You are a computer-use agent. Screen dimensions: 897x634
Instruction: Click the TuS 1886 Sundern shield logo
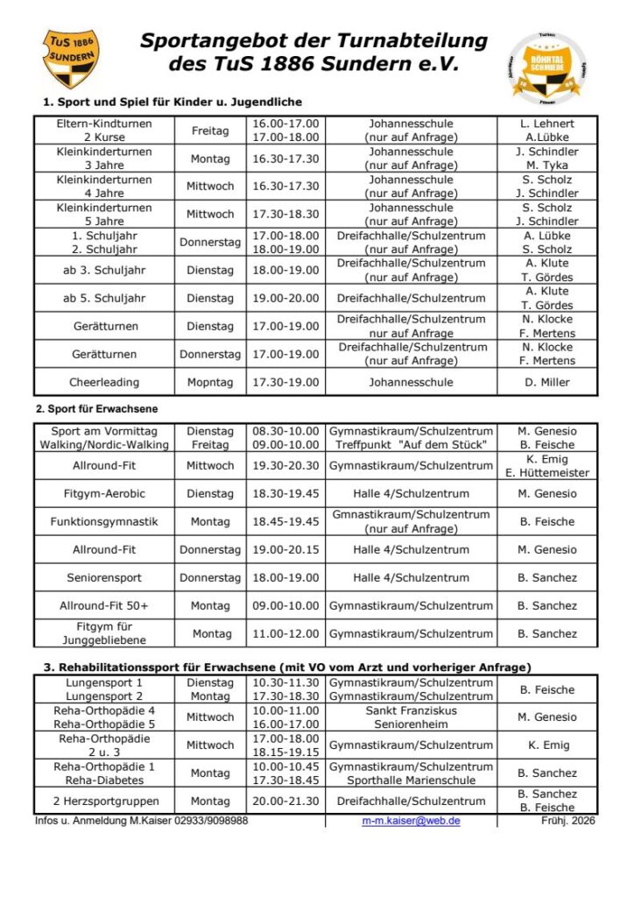click(x=72, y=59)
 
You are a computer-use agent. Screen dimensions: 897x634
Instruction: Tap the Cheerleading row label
click(x=104, y=382)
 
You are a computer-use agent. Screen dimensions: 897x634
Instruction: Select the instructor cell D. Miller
click(x=547, y=382)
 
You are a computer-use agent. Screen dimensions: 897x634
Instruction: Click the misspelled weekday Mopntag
click(x=210, y=382)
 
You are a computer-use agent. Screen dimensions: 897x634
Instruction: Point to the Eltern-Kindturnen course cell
click(x=104, y=131)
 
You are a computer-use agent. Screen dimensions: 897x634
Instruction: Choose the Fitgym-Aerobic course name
click(x=104, y=493)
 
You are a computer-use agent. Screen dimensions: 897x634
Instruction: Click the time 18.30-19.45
click(x=285, y=493)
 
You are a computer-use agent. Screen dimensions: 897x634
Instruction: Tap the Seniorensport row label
click(x=104, y=577)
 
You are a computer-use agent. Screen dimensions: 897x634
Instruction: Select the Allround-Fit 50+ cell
click(x=104, y=605)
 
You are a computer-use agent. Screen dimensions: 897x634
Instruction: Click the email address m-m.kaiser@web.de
click(x=411, y=821)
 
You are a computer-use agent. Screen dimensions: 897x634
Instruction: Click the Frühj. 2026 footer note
click(x=569, y=821)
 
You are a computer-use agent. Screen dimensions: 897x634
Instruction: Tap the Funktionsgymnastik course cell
click(x=104, y=521)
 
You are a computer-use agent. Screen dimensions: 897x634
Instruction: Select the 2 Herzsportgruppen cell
click(x=104, y=801)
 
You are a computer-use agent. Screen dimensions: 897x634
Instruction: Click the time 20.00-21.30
click(x=285, y=801)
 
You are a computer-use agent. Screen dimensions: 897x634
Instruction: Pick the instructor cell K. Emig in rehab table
click(x=547, y=745)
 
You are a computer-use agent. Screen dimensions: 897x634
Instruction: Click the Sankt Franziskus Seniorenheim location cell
click(x=411, y=717)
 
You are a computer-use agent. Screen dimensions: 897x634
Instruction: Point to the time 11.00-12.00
click(x=285, y=633)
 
